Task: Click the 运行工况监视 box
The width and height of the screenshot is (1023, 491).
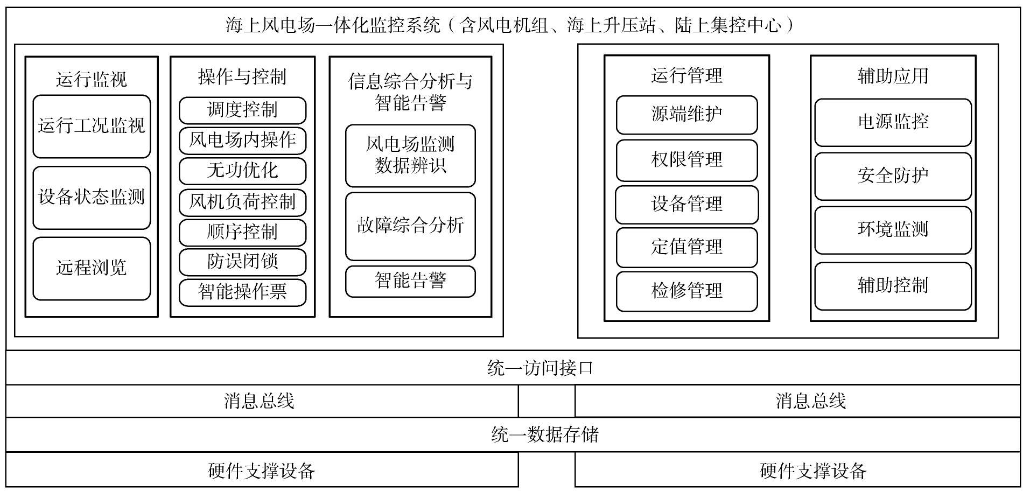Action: pos(92,127)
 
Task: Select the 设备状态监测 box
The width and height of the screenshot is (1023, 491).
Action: pos(92,198)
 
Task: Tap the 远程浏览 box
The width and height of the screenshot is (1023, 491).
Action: pos(92,269)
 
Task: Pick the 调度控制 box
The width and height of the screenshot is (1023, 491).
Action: pos(242,110)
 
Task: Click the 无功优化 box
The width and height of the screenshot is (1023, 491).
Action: pos(242,171)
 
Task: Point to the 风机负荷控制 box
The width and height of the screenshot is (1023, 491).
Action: pos(242,202)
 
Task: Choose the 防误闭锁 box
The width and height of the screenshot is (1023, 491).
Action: pos(242,262)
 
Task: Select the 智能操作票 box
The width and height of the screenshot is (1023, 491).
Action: pos(242,292)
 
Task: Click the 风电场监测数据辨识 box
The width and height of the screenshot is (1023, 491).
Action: pos(410,156)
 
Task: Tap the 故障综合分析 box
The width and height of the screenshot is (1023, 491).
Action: pos(410,226)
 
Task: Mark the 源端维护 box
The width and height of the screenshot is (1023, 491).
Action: pos(686,115)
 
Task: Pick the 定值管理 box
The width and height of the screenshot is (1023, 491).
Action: pos(686,248)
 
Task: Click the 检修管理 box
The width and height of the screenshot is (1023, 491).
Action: pos(686,291)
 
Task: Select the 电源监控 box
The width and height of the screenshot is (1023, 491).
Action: pos(893,122)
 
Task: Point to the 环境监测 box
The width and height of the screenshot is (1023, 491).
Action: pos(893,230)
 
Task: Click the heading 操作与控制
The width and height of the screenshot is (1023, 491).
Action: pos(242,77)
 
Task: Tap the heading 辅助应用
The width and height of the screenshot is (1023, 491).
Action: pos(893,76)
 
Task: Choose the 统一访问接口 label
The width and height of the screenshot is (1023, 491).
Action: pos(540,368)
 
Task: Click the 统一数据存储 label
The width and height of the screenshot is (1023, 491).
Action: pos(545,434)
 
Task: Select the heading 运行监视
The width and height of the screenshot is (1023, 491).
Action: pos(92,80)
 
